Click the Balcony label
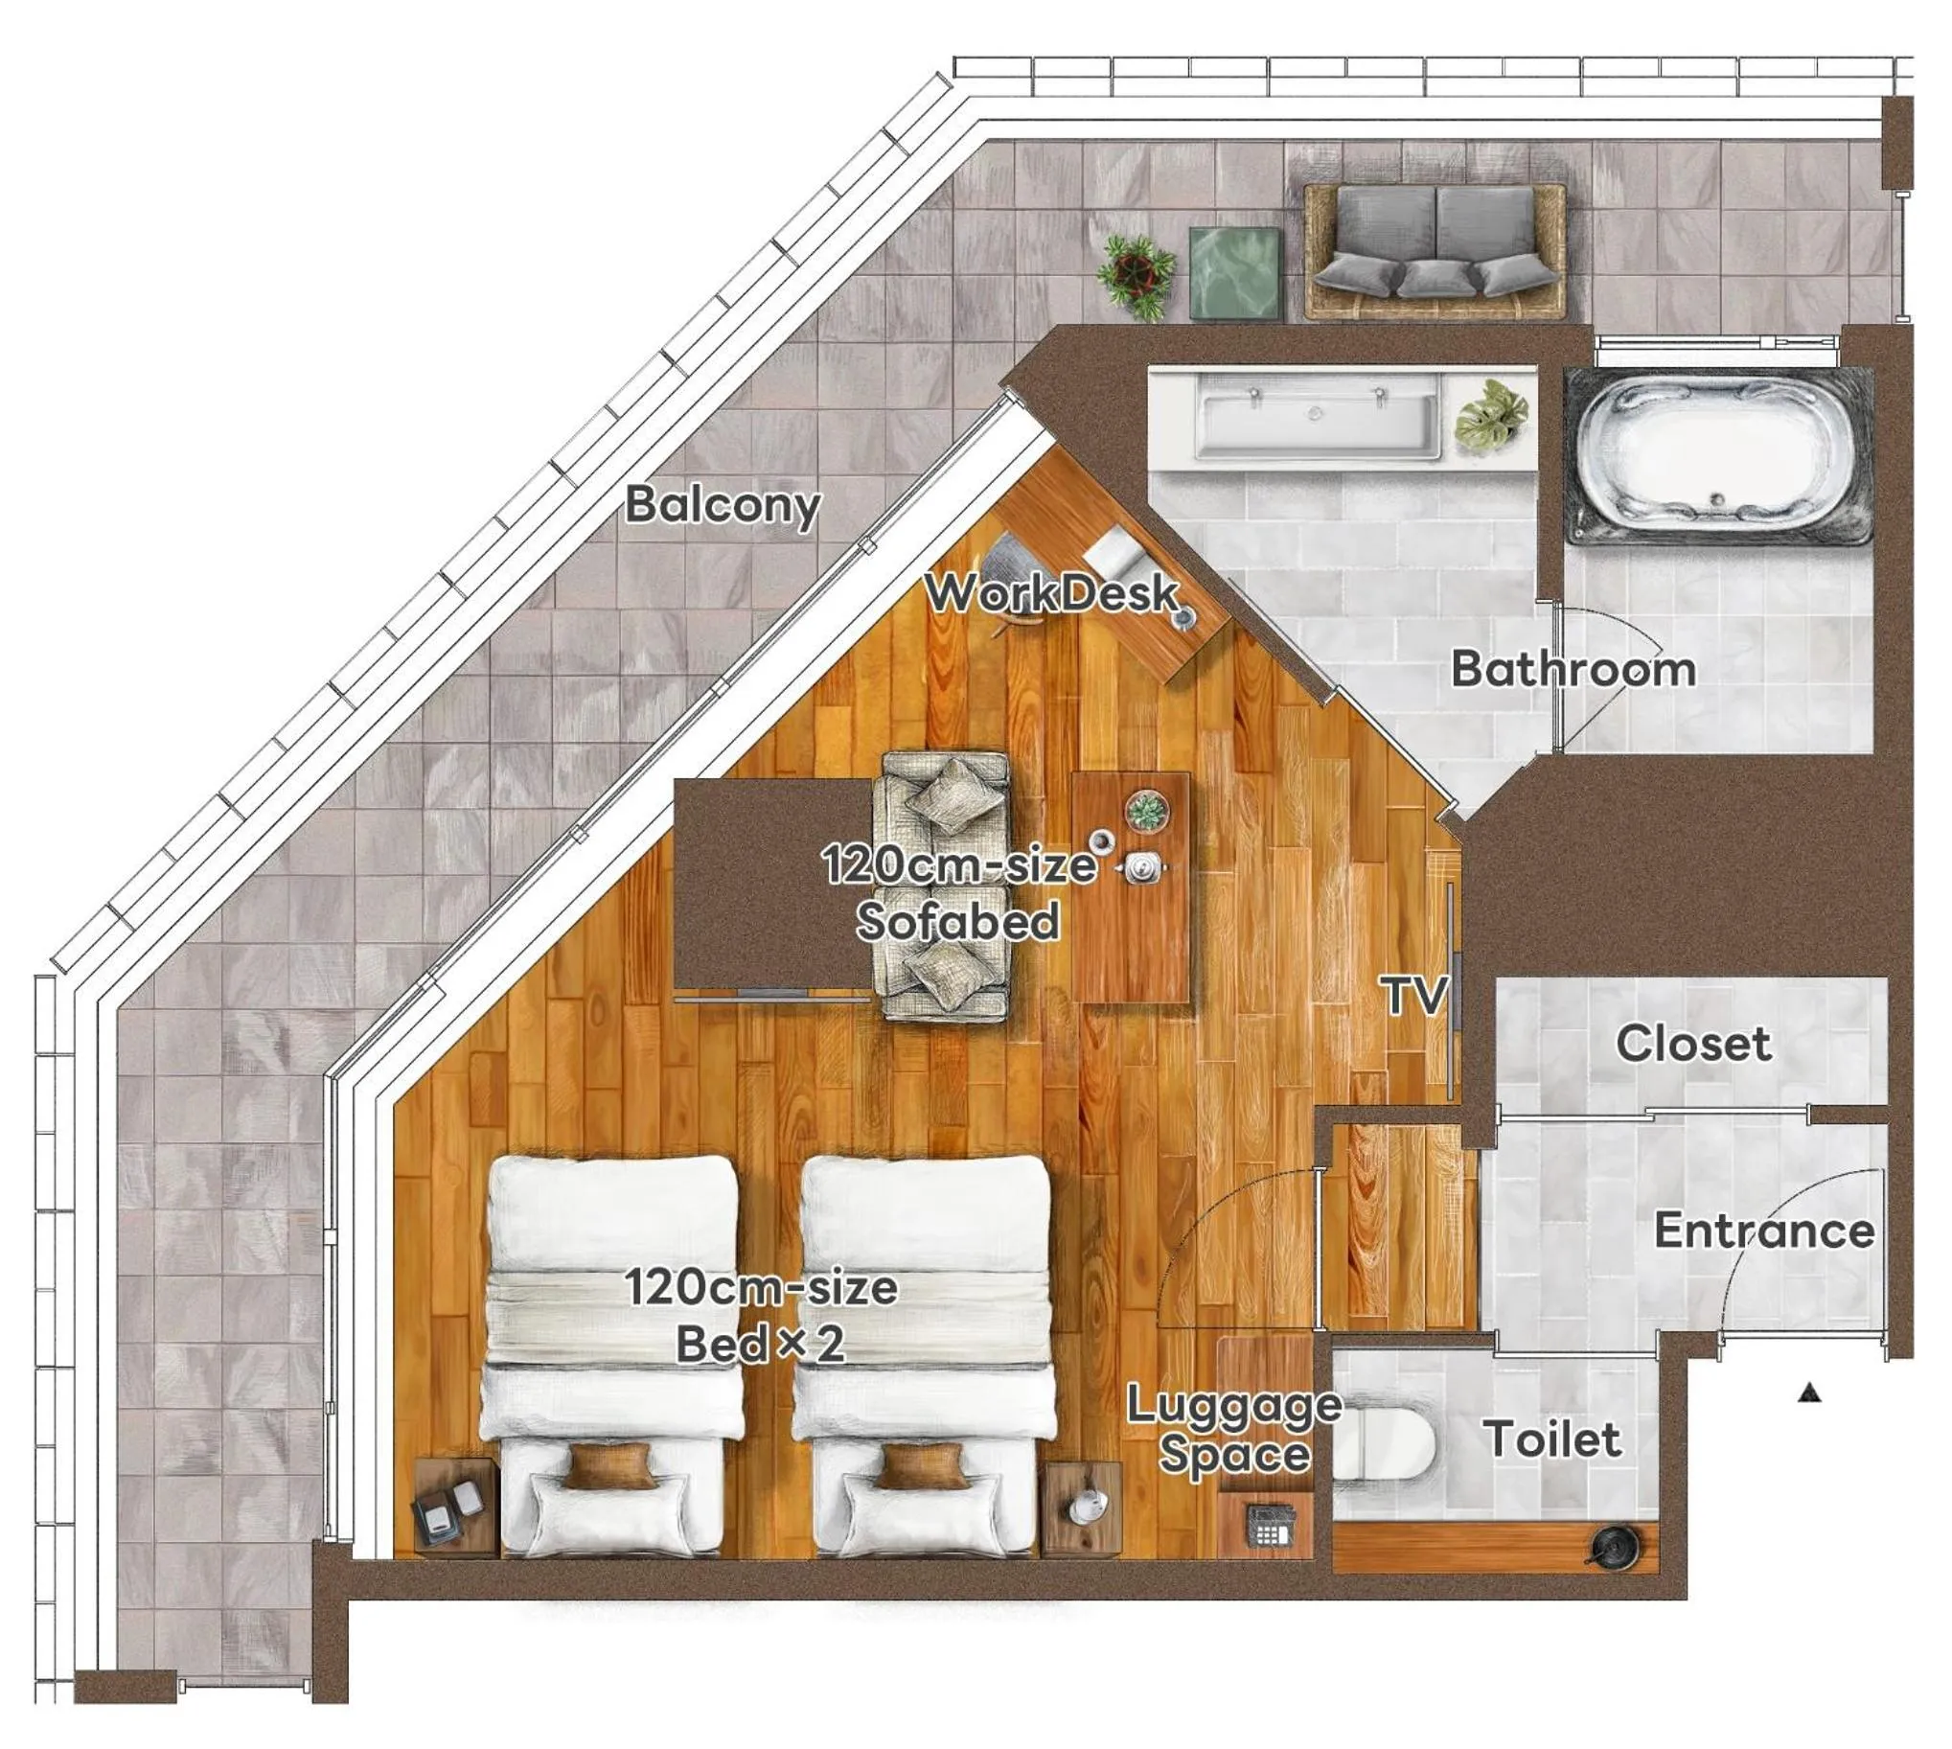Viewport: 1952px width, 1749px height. tap(723, 503)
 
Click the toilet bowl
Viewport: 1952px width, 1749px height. tap(1384, 1444)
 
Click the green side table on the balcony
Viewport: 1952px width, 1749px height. tap(1236, 273)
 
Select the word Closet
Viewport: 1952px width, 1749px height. tap(1693, 1044)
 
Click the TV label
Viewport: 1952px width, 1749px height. tap(1414, 996)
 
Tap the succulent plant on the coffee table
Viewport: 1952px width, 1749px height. tap(1147, 811)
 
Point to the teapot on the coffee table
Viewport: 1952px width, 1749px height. tap(1144, 867)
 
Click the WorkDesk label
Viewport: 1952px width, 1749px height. tap(1052, 593)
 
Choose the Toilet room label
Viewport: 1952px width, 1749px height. tap(1553, 1438)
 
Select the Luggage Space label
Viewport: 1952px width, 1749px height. tap(1234, 1430)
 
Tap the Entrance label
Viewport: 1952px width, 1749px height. tap(1764, 1231)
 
